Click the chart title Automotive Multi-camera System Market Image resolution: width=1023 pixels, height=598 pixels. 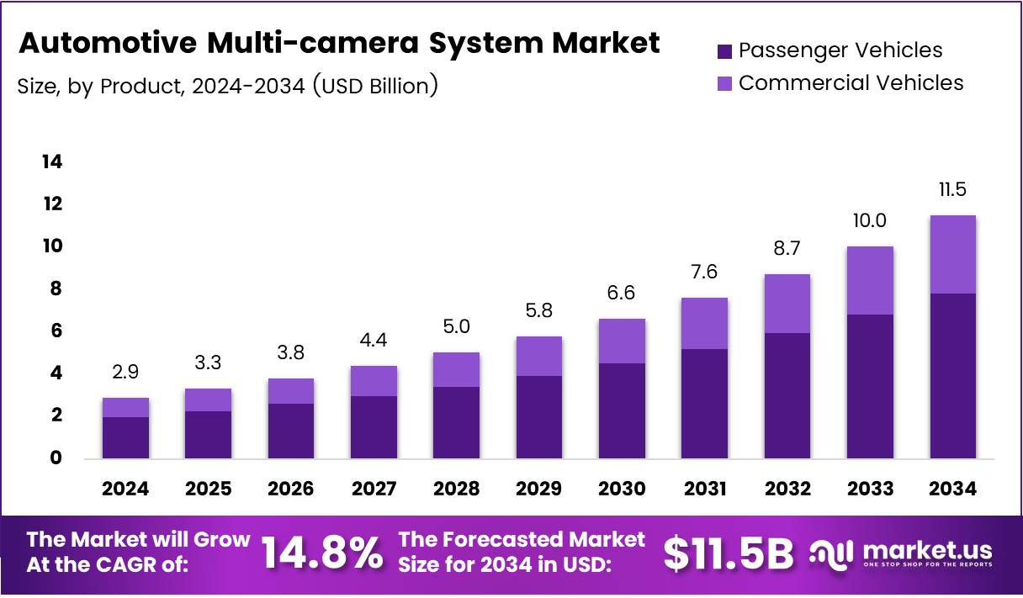(x=339, y=43)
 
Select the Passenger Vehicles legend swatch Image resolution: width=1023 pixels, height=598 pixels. (x=724, y=51)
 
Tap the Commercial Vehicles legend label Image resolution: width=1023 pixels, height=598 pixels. (x=851, y=82)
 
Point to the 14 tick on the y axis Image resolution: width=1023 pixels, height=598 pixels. (x=52, y=161)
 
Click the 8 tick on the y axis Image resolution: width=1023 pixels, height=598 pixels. (x=57, y=288)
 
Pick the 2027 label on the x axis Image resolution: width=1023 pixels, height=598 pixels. (x=374, y=489)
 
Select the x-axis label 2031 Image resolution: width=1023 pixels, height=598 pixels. (x=705, y=489)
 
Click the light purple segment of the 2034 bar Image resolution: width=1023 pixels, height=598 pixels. (x=952, y=254)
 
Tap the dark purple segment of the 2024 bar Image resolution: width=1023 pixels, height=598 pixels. (x=126, y=437)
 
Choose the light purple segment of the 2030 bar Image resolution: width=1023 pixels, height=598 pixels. (x=622, y=341)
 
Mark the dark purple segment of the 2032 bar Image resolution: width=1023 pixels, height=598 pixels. (x=787, y=395)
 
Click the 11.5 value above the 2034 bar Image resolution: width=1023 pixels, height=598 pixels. (x=952, y=190)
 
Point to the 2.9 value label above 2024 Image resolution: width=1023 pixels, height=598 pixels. (x=126, y=372)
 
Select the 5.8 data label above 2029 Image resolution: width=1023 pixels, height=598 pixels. (x=539, y=310)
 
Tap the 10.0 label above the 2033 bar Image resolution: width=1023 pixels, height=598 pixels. (x=870, y=221)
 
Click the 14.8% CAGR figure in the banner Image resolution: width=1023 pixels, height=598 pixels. (x=321, y=553)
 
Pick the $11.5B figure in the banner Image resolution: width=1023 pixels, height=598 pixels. (x=728, y=553)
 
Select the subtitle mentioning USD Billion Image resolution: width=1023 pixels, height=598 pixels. (x=228, y=85)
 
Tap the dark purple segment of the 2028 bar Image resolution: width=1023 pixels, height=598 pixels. (x=457, y=422)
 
